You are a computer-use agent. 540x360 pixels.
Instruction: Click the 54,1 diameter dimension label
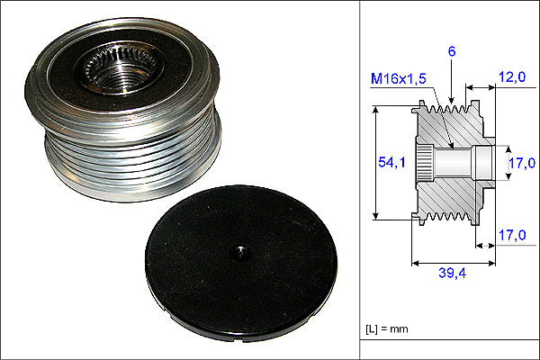pyautogui.click(x=391, y=162)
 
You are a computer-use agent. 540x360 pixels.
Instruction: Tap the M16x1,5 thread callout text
pyautogui.click(x=399, y=79)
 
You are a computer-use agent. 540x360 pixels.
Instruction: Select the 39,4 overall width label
pyautogui.click(x=452, y=273)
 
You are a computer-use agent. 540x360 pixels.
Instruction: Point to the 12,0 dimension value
pyautogui.click(x=512, y=76)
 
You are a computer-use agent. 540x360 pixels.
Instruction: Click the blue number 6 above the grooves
pyautogui.click(x=452, y=51)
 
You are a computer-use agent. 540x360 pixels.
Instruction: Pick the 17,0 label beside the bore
pyautogui.click(x=522, y=163)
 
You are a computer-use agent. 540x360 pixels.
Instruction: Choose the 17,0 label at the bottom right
pyautogui.click(x=512, y=235)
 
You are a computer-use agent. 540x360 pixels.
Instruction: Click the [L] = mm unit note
pyautogui.click(x=387, y=329)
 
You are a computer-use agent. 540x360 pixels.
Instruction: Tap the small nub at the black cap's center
pyautogui.click(x=240, y=252)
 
